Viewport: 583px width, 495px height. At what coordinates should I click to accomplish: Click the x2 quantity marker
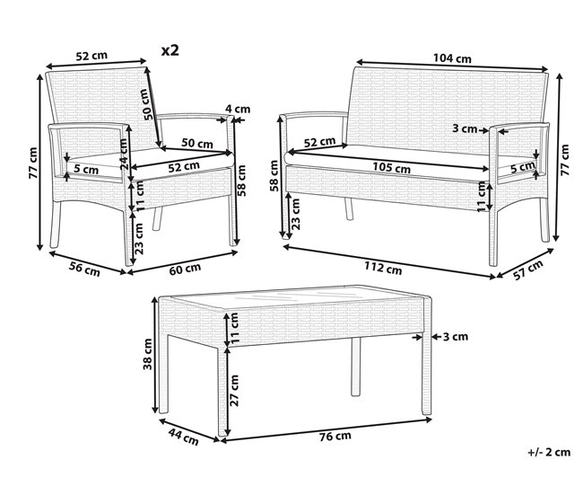coord(170,50)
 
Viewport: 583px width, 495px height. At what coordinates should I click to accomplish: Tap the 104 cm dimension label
coord(452,58)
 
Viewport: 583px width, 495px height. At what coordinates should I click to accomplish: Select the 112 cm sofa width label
coord(383,268)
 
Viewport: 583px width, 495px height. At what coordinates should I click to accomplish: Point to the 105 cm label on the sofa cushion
coord(392,168)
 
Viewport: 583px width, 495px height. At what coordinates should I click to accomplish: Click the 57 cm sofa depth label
coord(528,270)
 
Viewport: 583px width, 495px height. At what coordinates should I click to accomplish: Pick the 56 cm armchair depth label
coord(84,269)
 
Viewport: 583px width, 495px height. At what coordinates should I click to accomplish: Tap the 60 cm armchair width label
coord(185,269)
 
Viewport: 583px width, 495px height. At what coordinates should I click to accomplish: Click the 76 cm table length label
coord(335,436)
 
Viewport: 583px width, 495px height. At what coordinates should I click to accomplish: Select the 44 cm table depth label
coord(183,437)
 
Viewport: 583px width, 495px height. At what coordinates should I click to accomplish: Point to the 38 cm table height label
coord(148,354)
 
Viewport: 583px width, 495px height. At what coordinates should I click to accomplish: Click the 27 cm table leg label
coord(234,390)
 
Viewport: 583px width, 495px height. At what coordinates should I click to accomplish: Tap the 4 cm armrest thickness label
coord(238,109)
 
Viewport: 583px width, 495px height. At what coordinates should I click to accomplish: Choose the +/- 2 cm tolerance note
coord(549,452)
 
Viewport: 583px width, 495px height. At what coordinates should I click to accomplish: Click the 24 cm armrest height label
coord(124,155)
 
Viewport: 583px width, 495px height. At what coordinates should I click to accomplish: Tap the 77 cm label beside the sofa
coord(564,160)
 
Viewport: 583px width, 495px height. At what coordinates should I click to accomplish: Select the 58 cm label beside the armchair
coord(241,181)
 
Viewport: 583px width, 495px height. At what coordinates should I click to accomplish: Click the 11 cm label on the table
coord(234,329)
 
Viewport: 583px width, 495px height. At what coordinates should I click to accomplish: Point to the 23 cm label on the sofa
coord(296,214)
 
